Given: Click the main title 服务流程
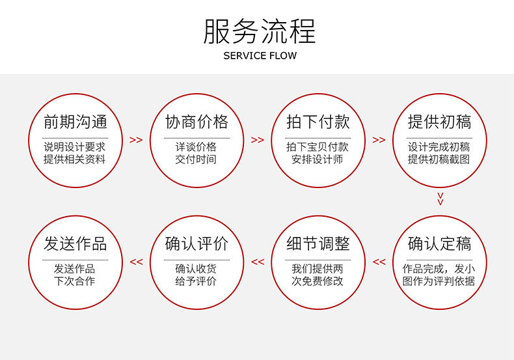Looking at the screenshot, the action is (260, 31).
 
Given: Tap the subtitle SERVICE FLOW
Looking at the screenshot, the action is (260, 56).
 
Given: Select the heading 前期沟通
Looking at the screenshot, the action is (75, 122).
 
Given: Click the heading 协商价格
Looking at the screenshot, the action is (197, 122).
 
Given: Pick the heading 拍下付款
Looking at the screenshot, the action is (318, 122).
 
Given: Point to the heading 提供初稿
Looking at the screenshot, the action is (439, 122).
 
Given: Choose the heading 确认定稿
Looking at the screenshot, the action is (439, 244).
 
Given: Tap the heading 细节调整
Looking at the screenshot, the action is (318, 244).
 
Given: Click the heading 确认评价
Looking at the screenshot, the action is (197, 244).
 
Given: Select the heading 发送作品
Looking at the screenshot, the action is (75, 244).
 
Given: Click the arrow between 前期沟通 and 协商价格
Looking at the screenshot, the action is (136, 140).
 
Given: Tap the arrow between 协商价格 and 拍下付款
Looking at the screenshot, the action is (258, 140).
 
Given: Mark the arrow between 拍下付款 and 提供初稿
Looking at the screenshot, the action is (379, 140).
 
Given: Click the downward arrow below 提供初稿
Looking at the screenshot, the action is (440, 198).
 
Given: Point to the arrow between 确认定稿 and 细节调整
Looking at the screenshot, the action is (379, 262).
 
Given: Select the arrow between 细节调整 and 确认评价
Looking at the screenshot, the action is (258, 262).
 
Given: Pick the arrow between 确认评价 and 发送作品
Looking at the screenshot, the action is (136, 262).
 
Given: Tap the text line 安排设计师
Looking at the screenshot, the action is (318, 159).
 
